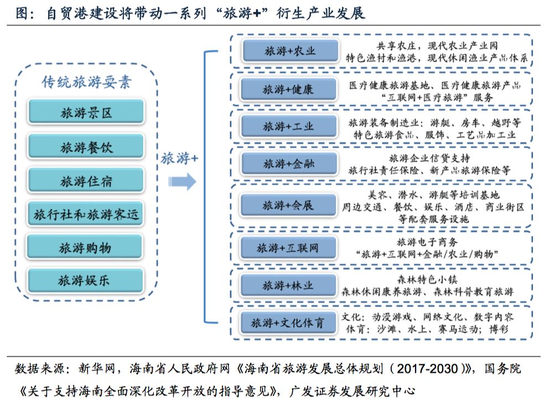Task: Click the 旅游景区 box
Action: (x=86, y=113)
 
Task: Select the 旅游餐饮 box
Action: (x=86, y=147)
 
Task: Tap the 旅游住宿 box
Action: (x=86, y=181)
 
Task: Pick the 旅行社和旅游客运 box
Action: (x=86, y=214)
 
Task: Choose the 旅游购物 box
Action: (x=86, y=247)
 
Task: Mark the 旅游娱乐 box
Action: (x=86, y=281)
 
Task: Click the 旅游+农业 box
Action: (x=289, y=51)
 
